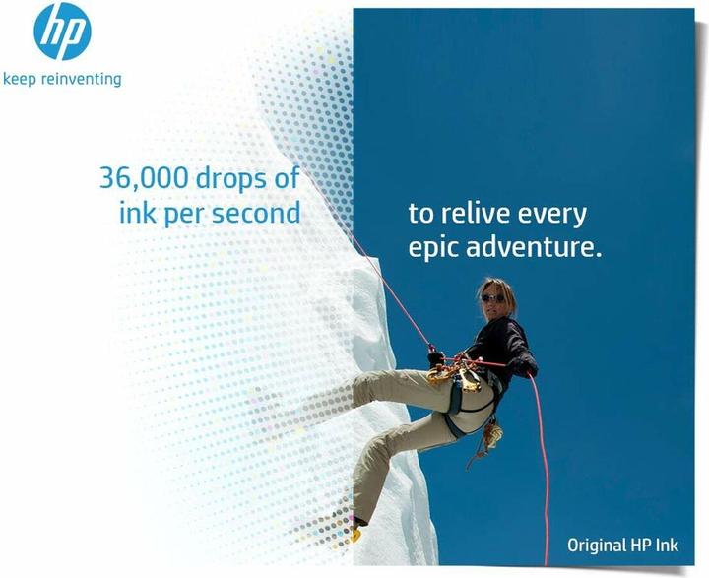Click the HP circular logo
[x=62, y=32]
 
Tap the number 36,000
[x=139, y=178]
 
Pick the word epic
[x=432, y=246]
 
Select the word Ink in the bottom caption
[x=680, y=545]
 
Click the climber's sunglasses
[x=492, y=298]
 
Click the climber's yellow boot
[x=352, y=533]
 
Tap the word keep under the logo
[x=20, y=78]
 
